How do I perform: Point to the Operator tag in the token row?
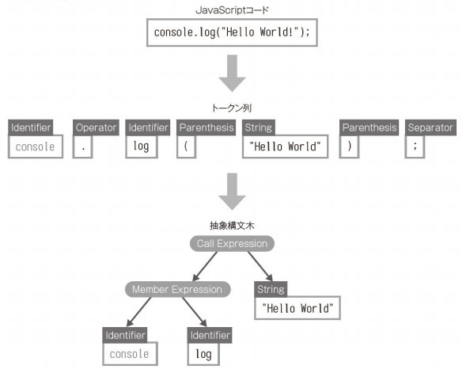coord(96,128)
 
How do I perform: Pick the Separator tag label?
coord(430,128)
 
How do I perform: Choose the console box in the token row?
coord(35,147)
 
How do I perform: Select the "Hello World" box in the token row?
coord(285,147)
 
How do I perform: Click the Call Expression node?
coord(231,244)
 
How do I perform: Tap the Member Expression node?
coord(177,289)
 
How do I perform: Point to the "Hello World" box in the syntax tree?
coord(297,307)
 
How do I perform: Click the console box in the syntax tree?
coord(129,353)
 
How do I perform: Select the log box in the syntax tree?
coord(204,353)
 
